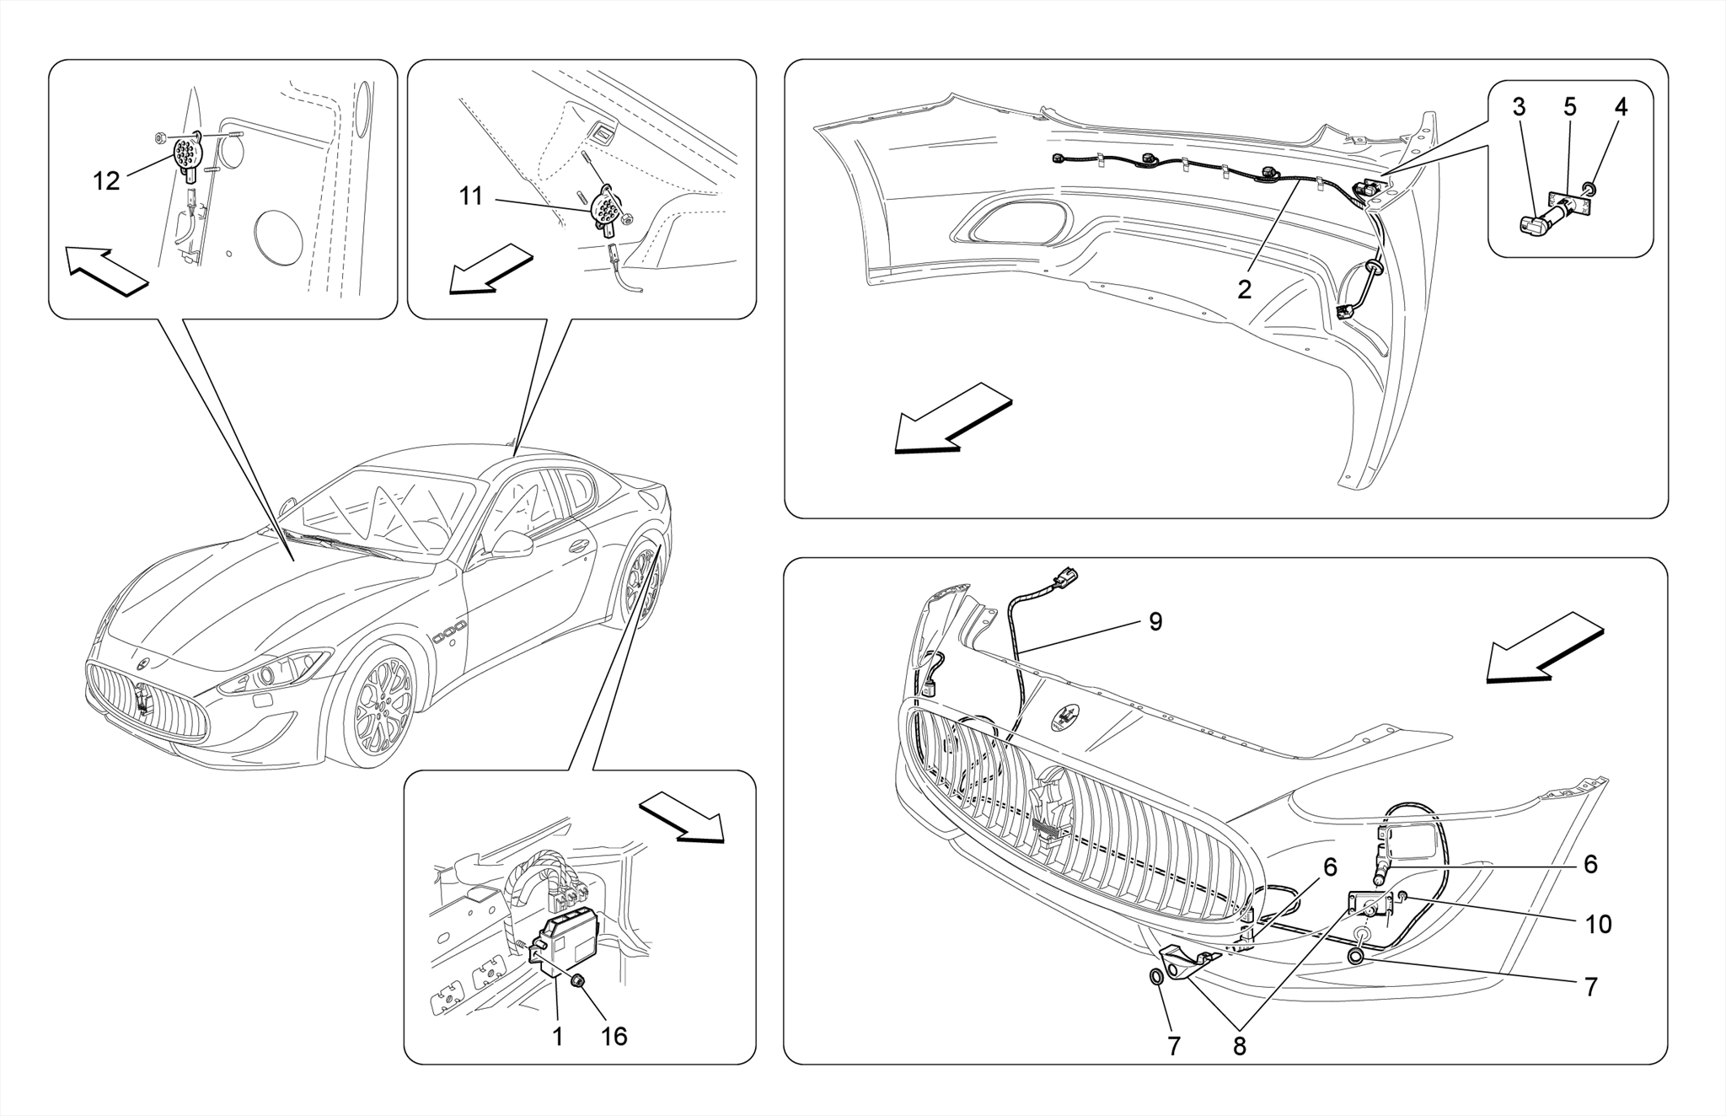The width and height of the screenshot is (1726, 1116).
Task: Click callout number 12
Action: (106, 181)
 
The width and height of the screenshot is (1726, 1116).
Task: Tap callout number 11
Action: (470, 196)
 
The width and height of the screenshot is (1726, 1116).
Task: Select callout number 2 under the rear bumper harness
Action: (1244, 289)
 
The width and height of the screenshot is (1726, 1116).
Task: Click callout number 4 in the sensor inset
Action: (1621, 107)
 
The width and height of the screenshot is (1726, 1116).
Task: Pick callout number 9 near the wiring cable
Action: (1155, 622)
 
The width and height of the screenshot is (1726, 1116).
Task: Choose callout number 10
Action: (1598, 925)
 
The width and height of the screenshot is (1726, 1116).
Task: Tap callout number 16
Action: (614, 1036)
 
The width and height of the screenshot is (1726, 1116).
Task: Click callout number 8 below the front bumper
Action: (1239, 1046)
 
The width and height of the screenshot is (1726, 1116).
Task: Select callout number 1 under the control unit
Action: (557, 1036)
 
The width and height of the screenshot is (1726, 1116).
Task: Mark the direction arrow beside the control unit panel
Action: (683, 816)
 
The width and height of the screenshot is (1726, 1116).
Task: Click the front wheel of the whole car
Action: (381, 706)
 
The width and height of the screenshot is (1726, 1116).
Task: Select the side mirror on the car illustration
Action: (511, 545)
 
